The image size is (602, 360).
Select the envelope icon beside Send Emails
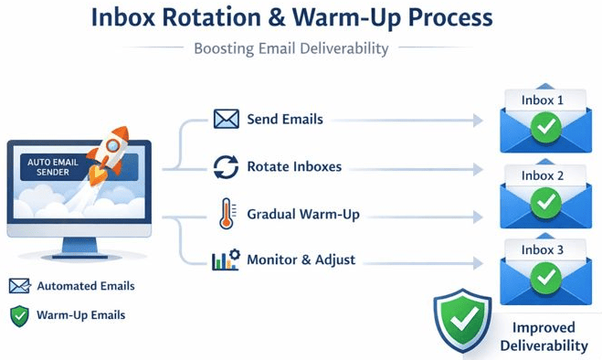(226, 120)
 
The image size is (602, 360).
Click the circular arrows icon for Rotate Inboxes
(226, 167)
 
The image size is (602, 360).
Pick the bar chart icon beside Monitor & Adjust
(225, 261)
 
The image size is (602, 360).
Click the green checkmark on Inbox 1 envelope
(545, 128)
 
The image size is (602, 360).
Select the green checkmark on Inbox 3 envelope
(545, 274)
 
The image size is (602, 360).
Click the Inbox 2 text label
(543, 175)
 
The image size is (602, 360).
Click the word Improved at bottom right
(544, 327)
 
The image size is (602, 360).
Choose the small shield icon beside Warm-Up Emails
(19, 315)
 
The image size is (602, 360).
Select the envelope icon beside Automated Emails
(19, 286)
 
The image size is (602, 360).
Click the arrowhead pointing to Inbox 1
(479, 120)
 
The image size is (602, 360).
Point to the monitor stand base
(79, 256)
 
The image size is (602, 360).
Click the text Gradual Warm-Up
(302, 214)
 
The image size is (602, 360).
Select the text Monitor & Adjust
(302, 260)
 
